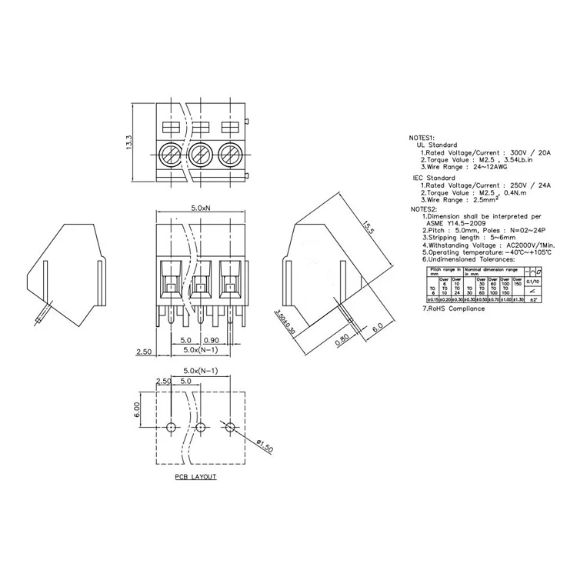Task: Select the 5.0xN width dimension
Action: (x=201, y=208)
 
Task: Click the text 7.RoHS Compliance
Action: (x=454, y=309)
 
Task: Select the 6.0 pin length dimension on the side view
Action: (x=378, y=326)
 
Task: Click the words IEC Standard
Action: (x=435, y=178)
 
